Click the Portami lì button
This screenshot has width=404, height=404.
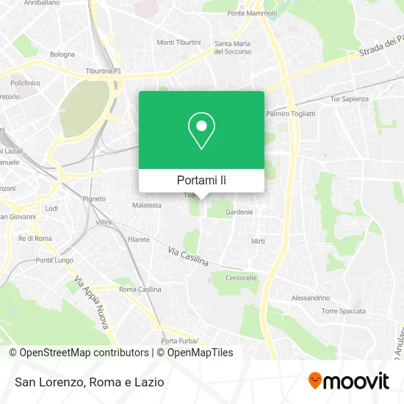pyautogui.click(x=201, y=180)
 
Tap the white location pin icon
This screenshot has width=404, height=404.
pyautogui.click(x=201, y=131)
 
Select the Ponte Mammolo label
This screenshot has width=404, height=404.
pyautogui.click(x=253, y=13)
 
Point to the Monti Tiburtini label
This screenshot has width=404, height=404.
pyautogui.click(x=178, y=42)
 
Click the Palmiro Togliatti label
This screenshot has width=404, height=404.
pyautogui.click(x=290, y=114)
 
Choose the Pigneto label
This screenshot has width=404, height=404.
pyautogui.click(x=94, y=198)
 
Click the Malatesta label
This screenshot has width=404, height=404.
pyautogui.click(x=146, y=205)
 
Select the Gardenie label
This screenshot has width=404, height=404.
pyautogui.click(x=239, y=212)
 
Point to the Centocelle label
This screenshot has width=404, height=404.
pyautogui.click(x=241, y=278)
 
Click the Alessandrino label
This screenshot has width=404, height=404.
pyautogui.click(x=311, y=297)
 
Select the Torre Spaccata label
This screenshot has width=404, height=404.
pyautogui.click(x=343, y=311)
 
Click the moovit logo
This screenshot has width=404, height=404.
pyautogui.click(x=348, y=380)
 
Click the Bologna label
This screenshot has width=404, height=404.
pyautogui.click(x=62, y=54)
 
